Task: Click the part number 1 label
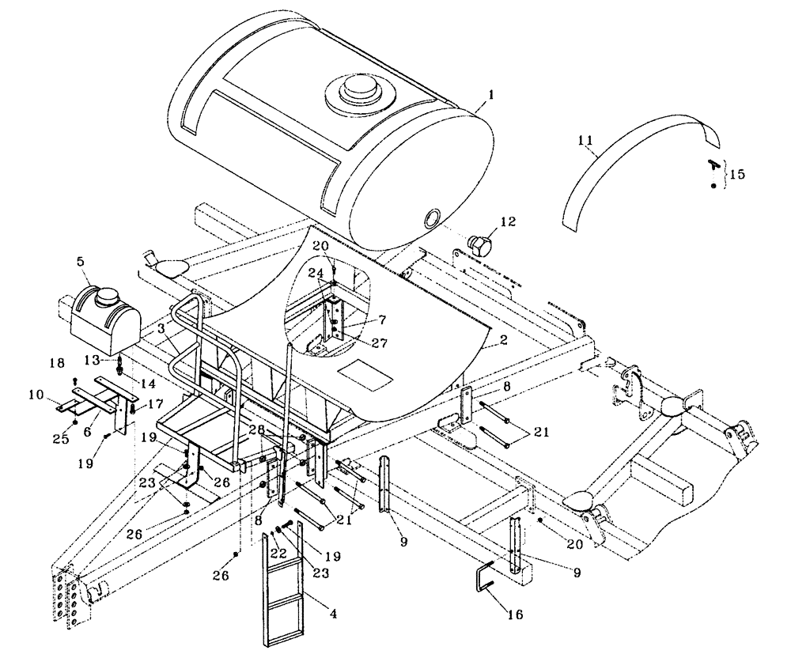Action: (x=491, y=93)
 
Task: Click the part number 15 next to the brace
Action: (x=736, y=172)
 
